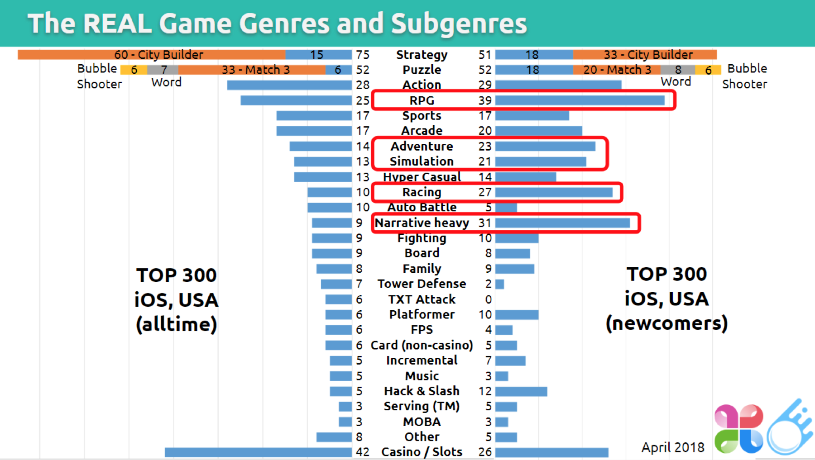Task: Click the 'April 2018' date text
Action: (673, 447)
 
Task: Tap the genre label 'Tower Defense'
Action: (422, 284)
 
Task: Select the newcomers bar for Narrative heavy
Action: (562, 223)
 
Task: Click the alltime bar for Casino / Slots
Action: (258, 452)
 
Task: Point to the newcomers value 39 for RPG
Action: (485, 100)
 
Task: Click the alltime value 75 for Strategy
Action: (362, 55)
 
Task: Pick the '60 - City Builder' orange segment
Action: (151, 55)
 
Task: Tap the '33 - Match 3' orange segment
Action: (252, 70)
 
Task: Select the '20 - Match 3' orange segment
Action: (616, 70)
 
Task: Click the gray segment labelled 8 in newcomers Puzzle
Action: (678, 70)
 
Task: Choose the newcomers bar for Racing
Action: (554, 192)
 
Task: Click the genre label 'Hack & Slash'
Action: (422, 391)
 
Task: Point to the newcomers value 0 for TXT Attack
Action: (488, 299)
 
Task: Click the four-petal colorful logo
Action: (738, 428)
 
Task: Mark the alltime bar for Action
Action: (289, 85)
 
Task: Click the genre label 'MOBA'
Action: (422, 422)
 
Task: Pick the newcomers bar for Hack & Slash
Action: (521, 391)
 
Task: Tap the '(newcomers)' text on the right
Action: (666, 323)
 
